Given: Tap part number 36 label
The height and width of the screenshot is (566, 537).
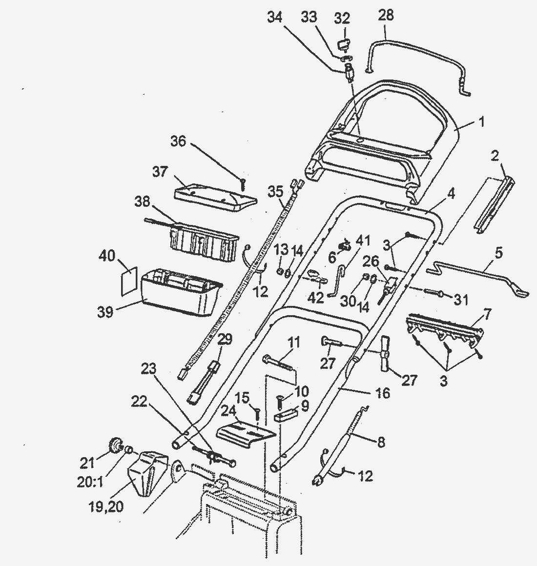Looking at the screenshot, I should click(179, 141).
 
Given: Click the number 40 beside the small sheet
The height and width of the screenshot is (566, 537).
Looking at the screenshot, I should click(108, 255).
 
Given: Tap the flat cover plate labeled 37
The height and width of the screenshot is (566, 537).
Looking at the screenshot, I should click(215, 196).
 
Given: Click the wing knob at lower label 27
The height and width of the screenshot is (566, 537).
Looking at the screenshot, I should click(384, 354).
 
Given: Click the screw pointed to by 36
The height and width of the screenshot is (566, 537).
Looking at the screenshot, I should click(242, 184).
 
